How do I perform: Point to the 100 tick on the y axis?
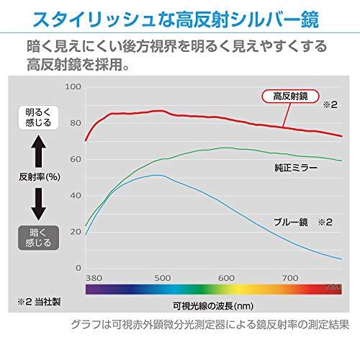[x=73, y=86]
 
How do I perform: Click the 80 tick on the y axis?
[x=74, y=122]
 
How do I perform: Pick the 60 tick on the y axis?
[x=74, y=158]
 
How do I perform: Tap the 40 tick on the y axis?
[x=74, y=194]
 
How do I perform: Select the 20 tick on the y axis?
[x=74, y=230]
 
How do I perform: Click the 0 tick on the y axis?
[x=77, y=266]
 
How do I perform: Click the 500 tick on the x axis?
[x=161, y=277]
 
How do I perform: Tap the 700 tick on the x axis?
[x=291, y=277]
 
